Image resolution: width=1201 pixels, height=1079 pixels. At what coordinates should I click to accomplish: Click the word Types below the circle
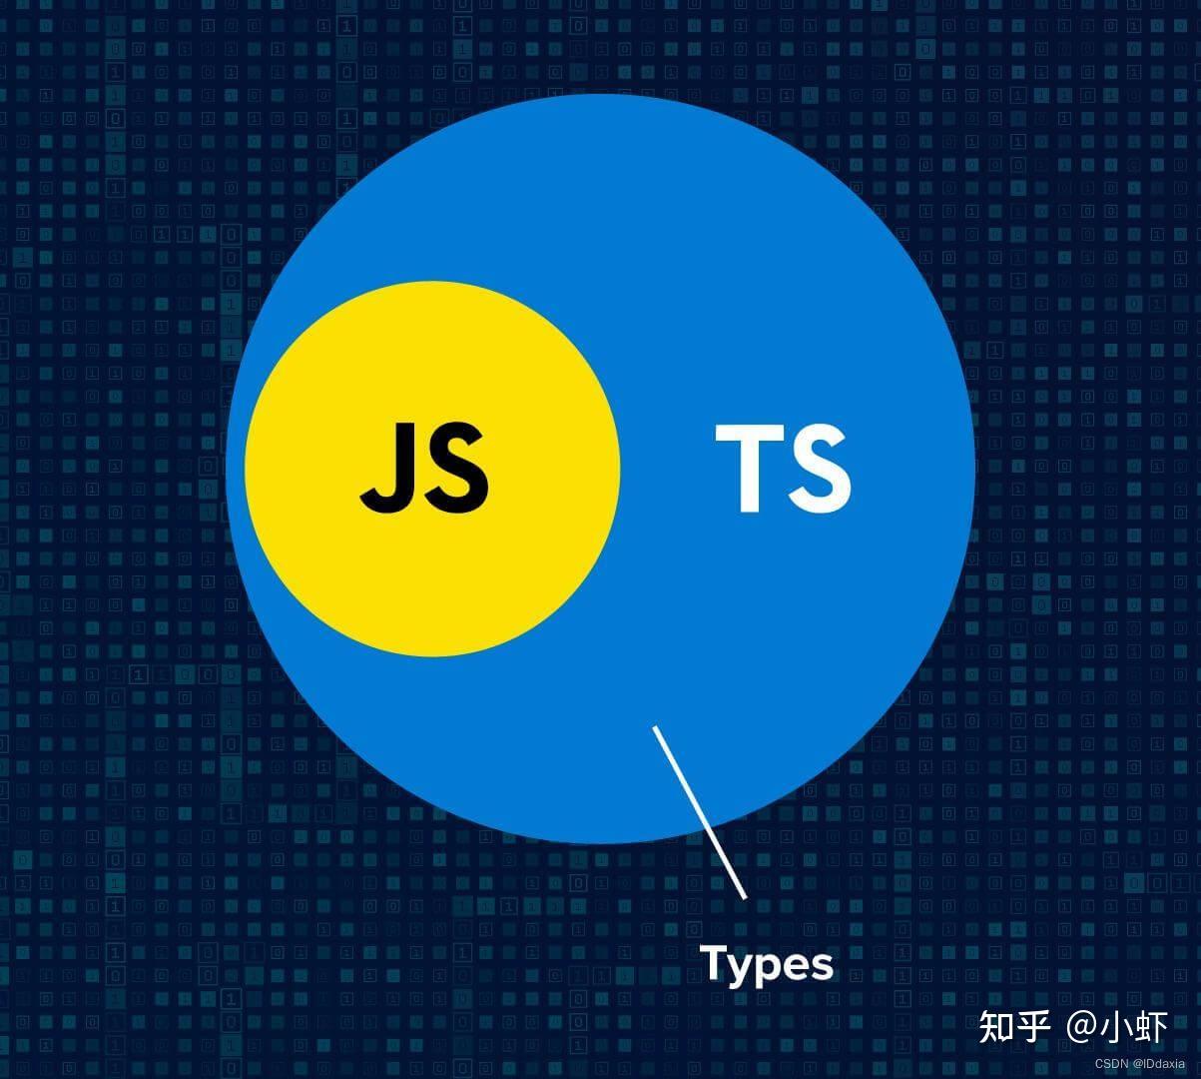pyautogui.click(x=767, y=965)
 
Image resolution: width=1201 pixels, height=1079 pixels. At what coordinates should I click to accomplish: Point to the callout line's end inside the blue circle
pyautogui.click(x=655, y=728)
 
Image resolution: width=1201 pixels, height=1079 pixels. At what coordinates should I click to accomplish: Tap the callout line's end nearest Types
pyautogui.click(x=744, y=896)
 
